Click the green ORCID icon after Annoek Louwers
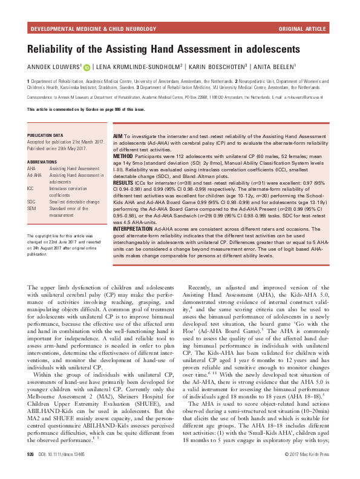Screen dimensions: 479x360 point(87,68)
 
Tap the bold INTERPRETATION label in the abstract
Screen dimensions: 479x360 point(137,229)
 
